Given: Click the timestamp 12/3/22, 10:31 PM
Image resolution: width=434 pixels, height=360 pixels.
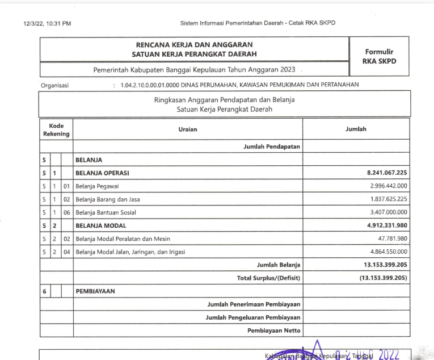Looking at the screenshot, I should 48,23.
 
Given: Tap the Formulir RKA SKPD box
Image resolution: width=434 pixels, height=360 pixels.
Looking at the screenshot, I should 380,56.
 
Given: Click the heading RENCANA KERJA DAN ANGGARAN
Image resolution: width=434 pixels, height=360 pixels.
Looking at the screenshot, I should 194,44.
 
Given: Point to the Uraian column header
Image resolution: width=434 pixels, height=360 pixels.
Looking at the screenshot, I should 188,129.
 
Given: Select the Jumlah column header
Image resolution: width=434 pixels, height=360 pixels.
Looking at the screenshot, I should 356,129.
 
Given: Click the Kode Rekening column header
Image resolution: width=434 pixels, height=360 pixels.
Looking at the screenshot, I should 56,129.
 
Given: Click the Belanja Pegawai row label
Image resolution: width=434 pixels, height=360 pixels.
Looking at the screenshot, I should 97,186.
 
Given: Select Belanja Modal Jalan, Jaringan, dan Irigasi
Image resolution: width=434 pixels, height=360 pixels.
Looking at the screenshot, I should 130,252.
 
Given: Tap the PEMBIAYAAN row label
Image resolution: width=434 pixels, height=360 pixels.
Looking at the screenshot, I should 95,291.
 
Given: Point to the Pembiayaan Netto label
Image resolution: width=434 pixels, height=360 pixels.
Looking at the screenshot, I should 273,330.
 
